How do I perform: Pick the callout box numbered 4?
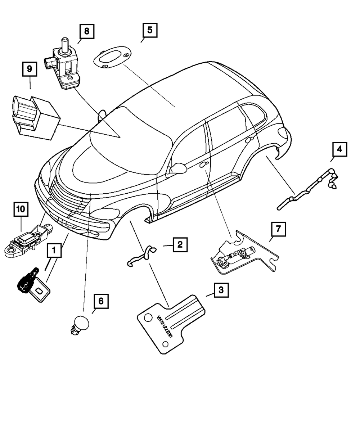[339, 149]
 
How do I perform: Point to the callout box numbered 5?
[149, 30]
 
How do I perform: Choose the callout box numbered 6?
[101, 301]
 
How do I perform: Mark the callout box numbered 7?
[278, 229]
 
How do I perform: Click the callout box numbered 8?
[86, 31]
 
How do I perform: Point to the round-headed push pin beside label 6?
[79, 323]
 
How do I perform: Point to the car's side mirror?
[178, 168]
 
